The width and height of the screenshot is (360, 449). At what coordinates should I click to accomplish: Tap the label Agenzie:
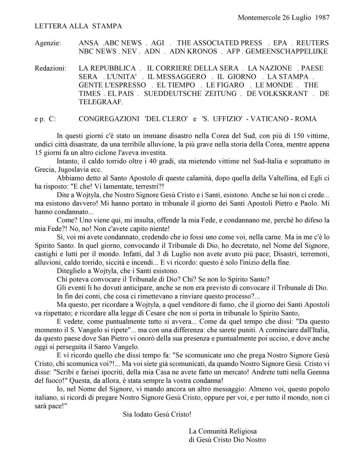(48, 43)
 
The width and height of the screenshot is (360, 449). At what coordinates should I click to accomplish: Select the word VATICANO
(272, 119)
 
